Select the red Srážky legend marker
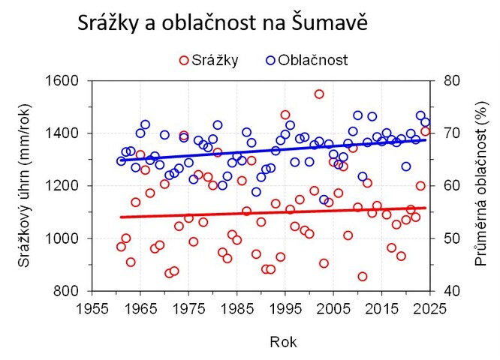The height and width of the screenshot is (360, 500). coord(184,60)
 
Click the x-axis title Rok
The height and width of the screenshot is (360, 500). coord(284,341)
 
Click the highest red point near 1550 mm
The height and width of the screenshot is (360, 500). coord(319,94)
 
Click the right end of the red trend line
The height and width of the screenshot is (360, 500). coord(426,208)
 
